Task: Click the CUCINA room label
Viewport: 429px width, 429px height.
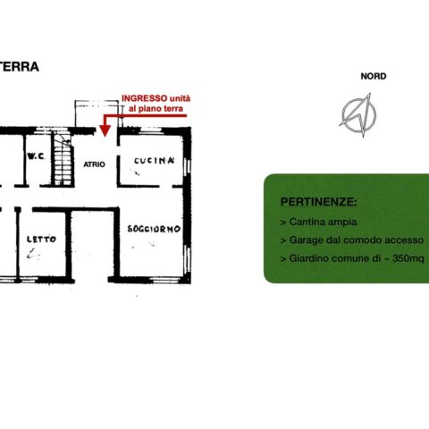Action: click(x=154, y=161)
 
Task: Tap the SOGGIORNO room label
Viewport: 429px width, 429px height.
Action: click(x=154, y=229)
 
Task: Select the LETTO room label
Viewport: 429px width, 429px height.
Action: click(x=41, y=240)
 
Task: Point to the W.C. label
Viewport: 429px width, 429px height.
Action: click(x=36, y=156)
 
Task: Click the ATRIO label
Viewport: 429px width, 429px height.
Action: click(x=94, y=164)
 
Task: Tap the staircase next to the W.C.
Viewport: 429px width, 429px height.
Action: click(x=63, y=159)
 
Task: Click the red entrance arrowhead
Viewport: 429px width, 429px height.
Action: click(x=105, y=130)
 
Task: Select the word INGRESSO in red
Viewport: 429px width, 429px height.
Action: click(x=145, y=98)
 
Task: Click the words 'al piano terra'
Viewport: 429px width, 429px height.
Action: click(x=156, y=109)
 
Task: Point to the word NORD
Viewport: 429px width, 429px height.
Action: click(x=374, y=76)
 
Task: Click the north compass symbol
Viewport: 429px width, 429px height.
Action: click(x=358, y=114)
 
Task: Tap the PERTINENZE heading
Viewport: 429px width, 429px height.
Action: click(x=318, y=202)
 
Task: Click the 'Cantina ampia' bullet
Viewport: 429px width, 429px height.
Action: click(x=318, y=222)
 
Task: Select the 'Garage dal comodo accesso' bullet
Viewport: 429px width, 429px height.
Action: click(x=352, y=240)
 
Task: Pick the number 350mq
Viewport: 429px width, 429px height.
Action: click(x=408, y=258)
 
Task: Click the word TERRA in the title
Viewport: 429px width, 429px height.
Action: click(x=19, y=67)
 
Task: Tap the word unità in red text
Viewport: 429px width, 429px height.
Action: click(x=180, y=98)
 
